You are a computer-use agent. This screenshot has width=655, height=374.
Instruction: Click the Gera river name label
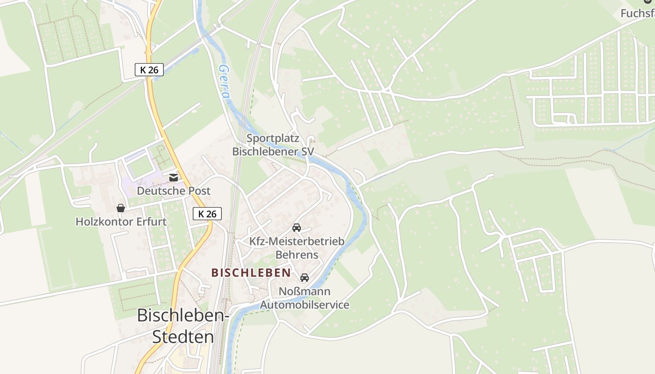tap(224, 82)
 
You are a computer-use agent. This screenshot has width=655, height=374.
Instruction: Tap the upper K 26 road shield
tap(149, 70)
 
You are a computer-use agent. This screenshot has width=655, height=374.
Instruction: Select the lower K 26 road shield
tap(207, 214)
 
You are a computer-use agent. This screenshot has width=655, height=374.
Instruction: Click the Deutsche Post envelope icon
tap(174, 178)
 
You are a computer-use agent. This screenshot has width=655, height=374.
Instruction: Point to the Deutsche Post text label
tap(174, 191)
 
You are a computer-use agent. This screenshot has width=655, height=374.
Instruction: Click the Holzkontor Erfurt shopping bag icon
tap(121, 208)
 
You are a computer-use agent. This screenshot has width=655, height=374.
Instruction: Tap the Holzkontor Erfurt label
tap(121, 222)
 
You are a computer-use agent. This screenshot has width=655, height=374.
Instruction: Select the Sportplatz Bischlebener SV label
tap(273, 145)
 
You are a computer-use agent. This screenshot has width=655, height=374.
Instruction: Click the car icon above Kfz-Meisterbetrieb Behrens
tap(296, 228)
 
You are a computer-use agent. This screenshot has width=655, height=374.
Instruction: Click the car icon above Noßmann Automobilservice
tap(305, 278)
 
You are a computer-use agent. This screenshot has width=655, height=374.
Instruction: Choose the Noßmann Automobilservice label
tap(305, 298)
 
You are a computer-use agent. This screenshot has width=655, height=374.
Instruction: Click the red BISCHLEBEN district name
tap(251, 273)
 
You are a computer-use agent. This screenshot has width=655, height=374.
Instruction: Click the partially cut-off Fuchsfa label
tap(637, 13)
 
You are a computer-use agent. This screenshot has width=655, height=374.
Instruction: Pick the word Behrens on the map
tap(297, 255)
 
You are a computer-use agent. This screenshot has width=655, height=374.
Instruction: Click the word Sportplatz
tap(273, 138)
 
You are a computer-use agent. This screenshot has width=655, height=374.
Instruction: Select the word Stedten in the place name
tap(183, 337)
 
